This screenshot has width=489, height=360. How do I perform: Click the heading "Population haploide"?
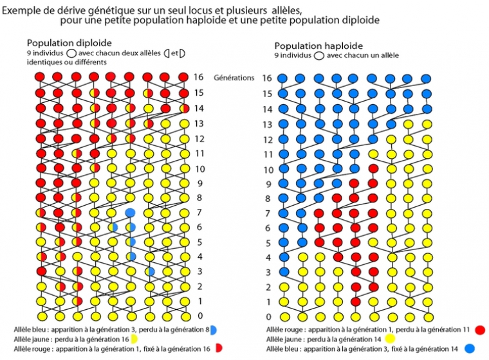point(318,46)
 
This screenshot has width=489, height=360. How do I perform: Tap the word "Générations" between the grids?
point(234,77)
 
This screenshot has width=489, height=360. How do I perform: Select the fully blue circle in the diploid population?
point(130,212)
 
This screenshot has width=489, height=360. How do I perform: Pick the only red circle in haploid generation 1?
point(355,301)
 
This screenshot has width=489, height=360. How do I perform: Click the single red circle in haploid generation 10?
point(374,169)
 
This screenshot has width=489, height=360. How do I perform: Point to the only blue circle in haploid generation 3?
point(284,272)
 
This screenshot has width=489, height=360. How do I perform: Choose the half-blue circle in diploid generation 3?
point(149,272)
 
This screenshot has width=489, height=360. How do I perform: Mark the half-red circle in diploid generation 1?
point(77,301)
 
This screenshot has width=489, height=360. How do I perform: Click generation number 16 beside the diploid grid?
point(199,77)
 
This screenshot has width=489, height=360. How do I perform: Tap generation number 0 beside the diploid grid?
point(199,316)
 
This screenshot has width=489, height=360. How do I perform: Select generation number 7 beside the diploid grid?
point(199,212)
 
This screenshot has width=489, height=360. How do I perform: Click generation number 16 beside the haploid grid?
point(267,78)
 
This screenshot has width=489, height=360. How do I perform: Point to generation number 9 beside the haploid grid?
point(268,184)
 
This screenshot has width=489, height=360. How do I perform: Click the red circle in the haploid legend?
point(479,330)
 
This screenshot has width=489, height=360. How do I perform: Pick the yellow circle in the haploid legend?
point(389,339)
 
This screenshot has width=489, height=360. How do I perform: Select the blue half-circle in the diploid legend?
point(212,330)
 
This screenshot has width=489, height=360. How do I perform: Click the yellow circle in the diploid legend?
point(134,339)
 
